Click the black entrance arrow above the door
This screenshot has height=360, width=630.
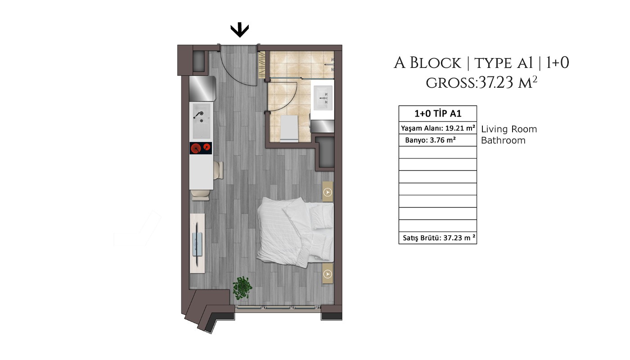(x=239, y=30)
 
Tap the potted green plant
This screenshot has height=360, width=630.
(x=242, y=288)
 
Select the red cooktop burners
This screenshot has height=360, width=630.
(x=201, y=148)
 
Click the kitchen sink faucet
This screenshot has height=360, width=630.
(x=198, y=114)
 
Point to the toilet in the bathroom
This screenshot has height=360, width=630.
(x=289, y=128)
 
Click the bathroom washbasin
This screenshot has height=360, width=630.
(x=323, y=98)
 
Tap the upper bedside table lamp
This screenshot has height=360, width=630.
(x=328, y=192)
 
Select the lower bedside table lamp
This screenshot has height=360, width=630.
(x=328, y=274)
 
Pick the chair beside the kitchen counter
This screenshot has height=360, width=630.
(x=218, y=171)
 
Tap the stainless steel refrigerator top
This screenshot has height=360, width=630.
(x=202, y=88)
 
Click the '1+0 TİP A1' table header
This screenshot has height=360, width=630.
(x=437, y=113)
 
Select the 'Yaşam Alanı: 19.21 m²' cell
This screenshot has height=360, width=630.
(x=437, y=128)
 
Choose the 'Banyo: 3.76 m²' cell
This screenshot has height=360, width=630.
(x=437, y=140)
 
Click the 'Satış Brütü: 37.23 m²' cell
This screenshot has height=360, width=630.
(x=437, y=238)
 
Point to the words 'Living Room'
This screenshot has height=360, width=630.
(x=509, y=129)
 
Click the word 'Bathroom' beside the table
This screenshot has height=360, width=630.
(x=503, y=140)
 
